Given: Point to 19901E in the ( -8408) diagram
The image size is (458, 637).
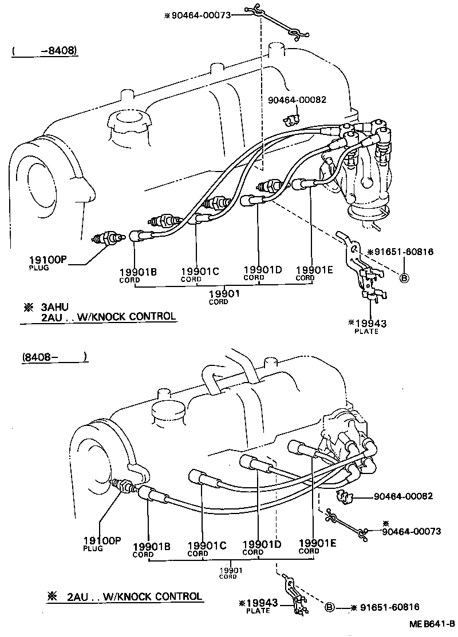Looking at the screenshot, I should tap(314, 270).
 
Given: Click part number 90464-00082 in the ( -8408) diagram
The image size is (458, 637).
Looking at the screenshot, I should tap(297, 99).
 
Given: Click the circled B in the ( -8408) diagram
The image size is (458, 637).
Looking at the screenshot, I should tap(404, 278).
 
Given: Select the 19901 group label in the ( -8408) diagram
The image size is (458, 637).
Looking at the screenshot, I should tap(223, 293).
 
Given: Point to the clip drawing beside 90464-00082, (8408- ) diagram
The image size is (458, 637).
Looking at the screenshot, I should tap(345, 496).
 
